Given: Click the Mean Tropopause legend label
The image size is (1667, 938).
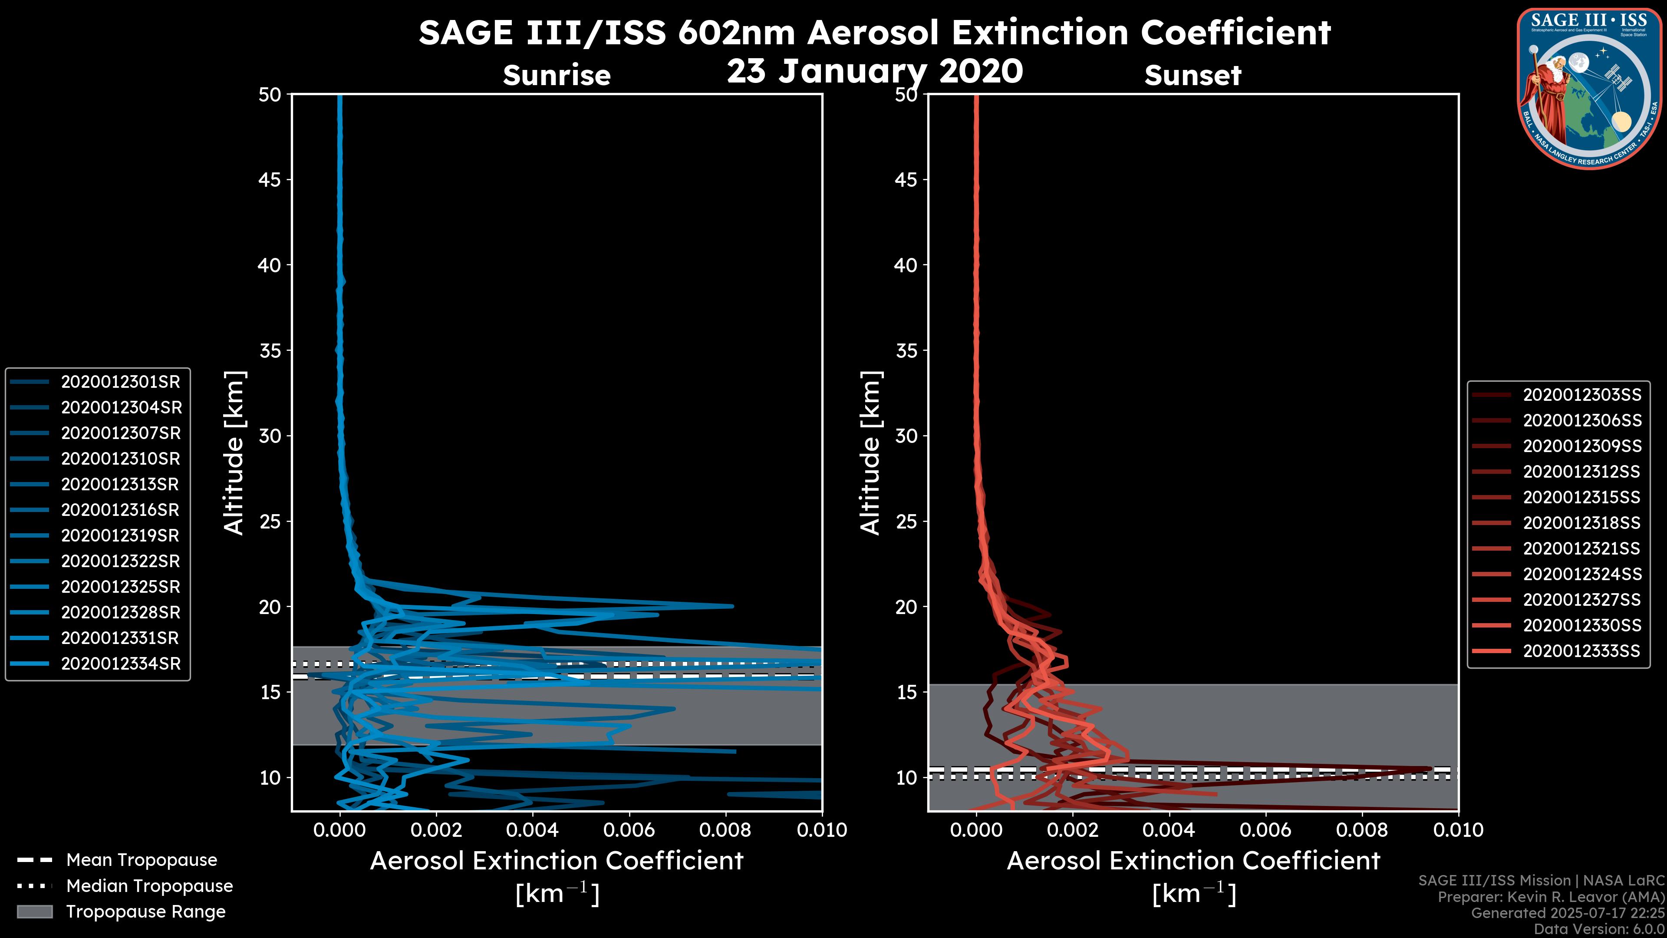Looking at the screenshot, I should (x=142, y=860).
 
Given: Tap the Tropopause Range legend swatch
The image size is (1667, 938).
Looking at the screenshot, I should (x=34, y=912).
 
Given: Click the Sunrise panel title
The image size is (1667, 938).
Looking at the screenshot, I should (x=557, y=76).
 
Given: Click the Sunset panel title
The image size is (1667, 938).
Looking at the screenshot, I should (x=1193, y=76).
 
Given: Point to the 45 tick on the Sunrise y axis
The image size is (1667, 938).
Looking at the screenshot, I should (x=270, y=179).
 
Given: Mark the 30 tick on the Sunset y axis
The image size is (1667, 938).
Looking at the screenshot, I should (x=906, y=436).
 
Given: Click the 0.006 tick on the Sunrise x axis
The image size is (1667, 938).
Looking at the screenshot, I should (x=629, y=830).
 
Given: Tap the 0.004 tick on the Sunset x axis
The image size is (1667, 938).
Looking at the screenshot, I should (x=1170, y=830).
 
